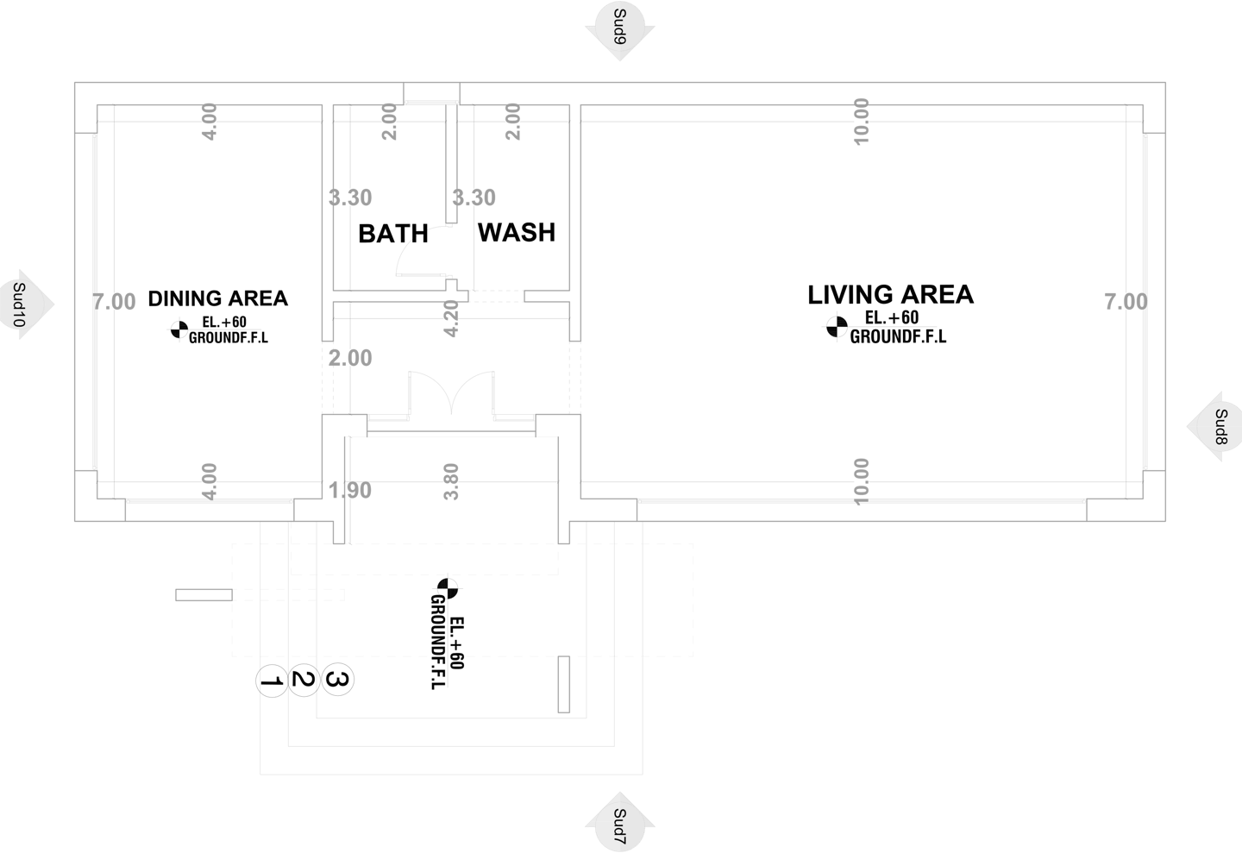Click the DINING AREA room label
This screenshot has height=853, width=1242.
tap(217, 298)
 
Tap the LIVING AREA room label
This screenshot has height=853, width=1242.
tap(890, 295)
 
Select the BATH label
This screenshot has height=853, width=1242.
tap(392, 234)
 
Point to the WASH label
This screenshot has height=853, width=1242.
tap(517, 232)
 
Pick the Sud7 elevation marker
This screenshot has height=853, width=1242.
tap(619, 825)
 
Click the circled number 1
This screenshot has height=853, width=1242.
tap(272, 681)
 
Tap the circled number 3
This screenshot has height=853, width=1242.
tap(337, 681)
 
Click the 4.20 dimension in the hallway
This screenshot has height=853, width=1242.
tap(450, 317)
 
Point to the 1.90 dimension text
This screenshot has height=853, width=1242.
tap(350, 490)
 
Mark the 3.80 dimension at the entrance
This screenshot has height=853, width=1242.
tap(450, 481)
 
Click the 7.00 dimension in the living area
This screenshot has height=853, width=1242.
tap(1126, 301)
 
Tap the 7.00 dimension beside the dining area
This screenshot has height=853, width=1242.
tap(114, 302)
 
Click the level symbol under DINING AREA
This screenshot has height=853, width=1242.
tap(179, 328)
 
